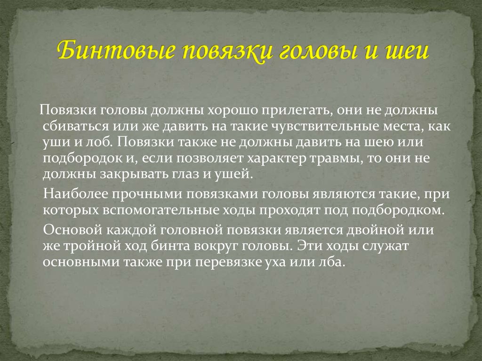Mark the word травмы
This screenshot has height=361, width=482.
[x=332, y=158]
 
